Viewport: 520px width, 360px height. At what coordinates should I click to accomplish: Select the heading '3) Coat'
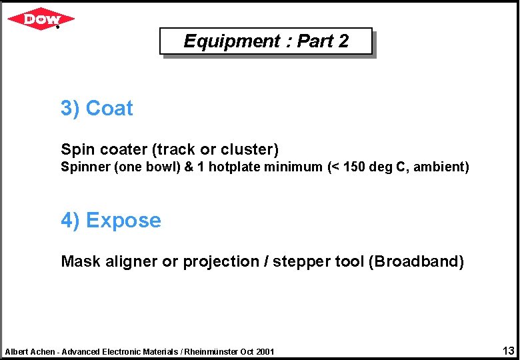[97, 108]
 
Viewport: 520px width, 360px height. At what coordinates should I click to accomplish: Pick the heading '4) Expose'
[111, 220]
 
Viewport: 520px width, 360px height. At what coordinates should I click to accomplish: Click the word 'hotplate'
[234, 167]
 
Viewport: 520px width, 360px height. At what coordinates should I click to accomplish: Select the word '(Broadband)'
[416, 261]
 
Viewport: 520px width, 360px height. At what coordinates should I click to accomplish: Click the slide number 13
[509, 351]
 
